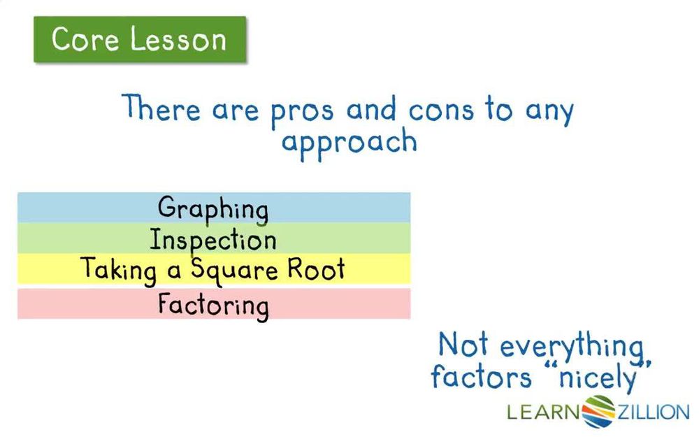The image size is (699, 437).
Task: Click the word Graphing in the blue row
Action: [212, 209]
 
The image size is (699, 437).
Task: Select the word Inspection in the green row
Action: [213, 241]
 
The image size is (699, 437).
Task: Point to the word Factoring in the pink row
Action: [212, 306]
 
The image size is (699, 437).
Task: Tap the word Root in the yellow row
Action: [318, 269]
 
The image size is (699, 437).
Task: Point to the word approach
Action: [349, 143]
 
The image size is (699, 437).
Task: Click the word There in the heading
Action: [162, 109]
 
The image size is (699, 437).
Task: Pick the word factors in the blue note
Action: [481, 378]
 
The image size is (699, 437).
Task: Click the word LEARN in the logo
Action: [544, 412]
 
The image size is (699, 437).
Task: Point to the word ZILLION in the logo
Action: [651, 412]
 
